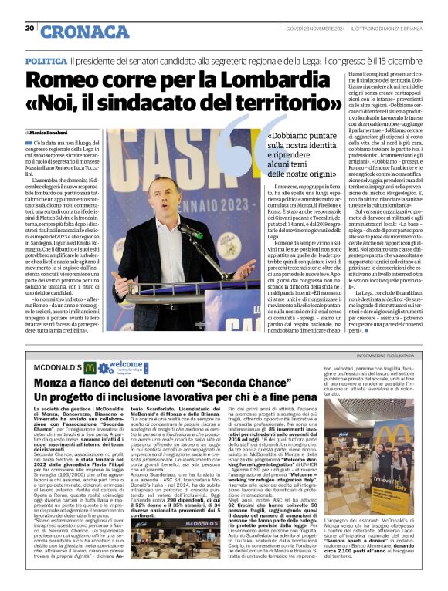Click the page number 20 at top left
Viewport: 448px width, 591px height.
coord(30,29)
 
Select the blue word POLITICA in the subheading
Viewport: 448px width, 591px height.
coord(45,60)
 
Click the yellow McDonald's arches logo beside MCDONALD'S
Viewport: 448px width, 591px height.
coord(90,368)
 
